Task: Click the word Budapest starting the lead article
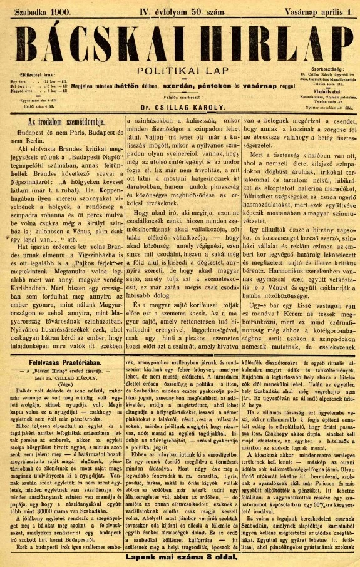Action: (30, 132)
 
